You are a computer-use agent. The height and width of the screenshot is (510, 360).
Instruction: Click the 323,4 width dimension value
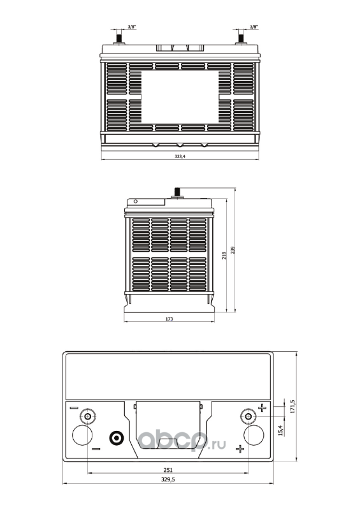point(180,156)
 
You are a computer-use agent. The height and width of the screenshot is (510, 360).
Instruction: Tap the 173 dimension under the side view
point(169,319)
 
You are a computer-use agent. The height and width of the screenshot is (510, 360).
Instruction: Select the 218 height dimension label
point(224,256)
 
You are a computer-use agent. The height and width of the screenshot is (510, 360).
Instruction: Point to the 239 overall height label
point(233,250)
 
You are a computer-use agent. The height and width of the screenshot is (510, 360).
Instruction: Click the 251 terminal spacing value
point(168,470)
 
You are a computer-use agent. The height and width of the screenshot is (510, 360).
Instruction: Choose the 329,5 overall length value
point(168,479)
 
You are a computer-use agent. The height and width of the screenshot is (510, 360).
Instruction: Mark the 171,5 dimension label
point(292,407)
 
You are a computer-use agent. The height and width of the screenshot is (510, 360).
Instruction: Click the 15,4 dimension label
point(281,430)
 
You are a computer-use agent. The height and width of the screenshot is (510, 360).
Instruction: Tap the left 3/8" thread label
point(132,27)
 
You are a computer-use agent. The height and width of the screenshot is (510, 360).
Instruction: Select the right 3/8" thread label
point(254,27)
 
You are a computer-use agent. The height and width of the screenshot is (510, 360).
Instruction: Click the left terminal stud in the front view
point(118,37)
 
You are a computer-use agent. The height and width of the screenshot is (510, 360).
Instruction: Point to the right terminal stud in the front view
point(241,37)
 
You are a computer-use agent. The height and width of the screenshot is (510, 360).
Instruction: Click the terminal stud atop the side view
point(177,193)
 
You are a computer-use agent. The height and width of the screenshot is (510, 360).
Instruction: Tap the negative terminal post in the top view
point(87,416)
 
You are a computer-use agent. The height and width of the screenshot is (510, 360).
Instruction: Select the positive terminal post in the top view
point(248,416)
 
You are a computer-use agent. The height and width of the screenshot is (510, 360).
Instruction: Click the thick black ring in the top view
point(116,438)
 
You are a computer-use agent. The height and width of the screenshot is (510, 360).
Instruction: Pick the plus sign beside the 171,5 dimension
point(262,407)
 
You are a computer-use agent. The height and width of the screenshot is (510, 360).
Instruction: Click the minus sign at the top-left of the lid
point(74,408)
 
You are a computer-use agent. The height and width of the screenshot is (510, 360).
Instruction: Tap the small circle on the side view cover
point(136,201)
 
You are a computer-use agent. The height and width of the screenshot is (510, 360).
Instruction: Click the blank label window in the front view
point(180,98)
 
